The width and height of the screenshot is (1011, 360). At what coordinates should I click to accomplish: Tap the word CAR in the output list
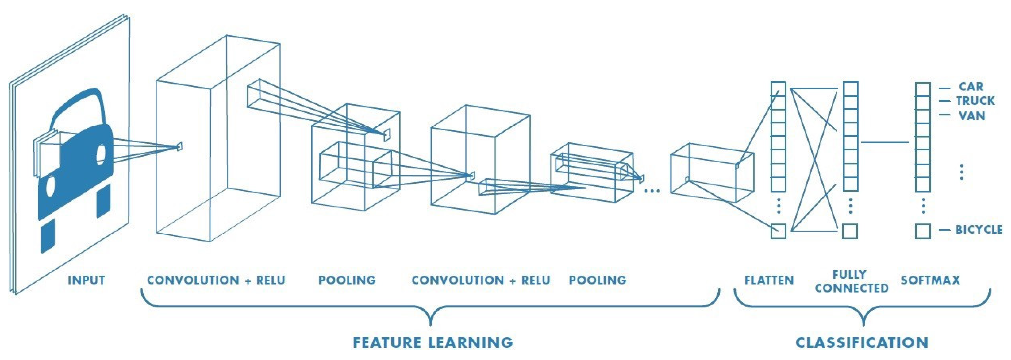click(971, 87)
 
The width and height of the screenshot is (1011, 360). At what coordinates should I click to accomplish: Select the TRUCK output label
click(975, 101)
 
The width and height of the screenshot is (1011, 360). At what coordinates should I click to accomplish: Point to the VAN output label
click(972, 116)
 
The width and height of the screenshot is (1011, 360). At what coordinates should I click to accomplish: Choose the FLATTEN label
click(769, 280)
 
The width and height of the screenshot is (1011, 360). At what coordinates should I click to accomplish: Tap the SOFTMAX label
click(930, 280)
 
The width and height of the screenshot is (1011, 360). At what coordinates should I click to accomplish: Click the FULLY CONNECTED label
click(851, 281)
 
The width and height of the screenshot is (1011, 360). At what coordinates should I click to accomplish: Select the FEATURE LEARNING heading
click(433, 343)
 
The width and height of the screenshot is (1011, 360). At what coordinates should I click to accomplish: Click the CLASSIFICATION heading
click(862, 343)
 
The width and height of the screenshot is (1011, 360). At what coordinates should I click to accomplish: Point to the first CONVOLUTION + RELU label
click(216, 280)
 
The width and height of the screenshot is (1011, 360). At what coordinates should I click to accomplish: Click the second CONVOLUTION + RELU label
click(481, 280)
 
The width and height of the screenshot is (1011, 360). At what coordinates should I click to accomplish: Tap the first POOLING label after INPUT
click(347, 280)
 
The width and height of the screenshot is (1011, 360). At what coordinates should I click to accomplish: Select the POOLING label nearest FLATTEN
click(598, 280)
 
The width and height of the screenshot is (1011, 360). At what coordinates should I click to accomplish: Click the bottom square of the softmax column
click(923, 231)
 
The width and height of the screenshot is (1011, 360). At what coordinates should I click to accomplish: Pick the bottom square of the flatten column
click(778, 231)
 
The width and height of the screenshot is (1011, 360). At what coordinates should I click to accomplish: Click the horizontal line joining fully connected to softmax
click(885, 142)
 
